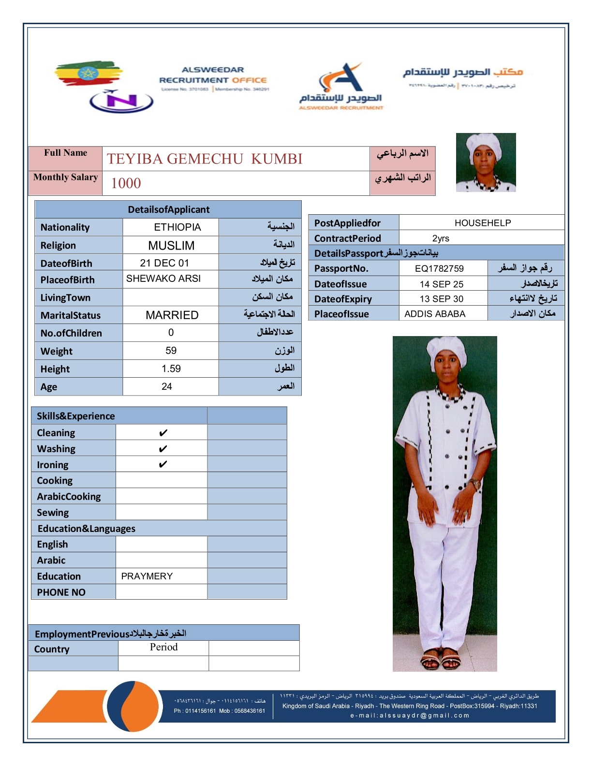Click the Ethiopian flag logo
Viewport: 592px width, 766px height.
point(88,74)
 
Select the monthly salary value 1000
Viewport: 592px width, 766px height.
point(126,183)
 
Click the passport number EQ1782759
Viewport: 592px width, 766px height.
point(439,268)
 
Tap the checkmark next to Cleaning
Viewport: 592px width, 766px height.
point(163,433)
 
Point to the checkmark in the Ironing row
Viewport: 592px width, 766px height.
point(163,464)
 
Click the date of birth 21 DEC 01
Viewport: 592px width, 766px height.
point(164,263)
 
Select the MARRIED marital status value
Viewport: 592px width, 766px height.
point(172,315)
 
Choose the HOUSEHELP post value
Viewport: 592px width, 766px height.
point(482,223)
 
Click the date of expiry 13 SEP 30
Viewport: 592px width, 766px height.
point(441,299)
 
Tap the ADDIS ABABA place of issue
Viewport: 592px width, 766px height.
point(435,314)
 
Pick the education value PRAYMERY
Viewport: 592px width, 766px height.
point(147,576)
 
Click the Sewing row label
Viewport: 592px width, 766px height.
point(53,513)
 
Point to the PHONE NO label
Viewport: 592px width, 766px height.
point(61,592)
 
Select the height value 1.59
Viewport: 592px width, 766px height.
point(171,368)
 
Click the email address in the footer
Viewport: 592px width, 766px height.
point(410,716)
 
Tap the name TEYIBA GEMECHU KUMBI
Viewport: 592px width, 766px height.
point(205,159)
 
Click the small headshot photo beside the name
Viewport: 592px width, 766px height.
point(486,162)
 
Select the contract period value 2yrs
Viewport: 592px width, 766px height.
point(441,238)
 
